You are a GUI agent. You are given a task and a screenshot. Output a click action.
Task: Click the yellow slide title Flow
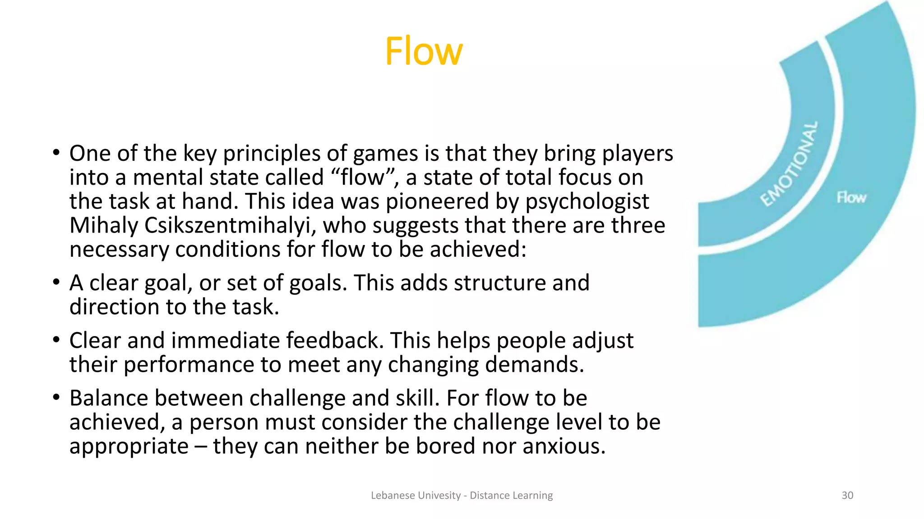click(x=424, y=51)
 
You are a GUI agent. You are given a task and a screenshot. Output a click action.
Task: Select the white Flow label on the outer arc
click(x=851, y=197)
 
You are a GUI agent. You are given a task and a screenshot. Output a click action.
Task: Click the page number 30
click(x=847, y=496)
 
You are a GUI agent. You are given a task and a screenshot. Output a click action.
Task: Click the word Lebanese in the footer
click(x=392, y=496)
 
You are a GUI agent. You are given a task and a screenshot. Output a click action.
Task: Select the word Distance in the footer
click(x=489, y=496)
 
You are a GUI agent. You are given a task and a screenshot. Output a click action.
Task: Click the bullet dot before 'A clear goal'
click(x=56, y=282)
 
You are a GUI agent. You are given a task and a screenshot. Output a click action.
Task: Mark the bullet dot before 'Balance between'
click(x=56, y=398)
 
